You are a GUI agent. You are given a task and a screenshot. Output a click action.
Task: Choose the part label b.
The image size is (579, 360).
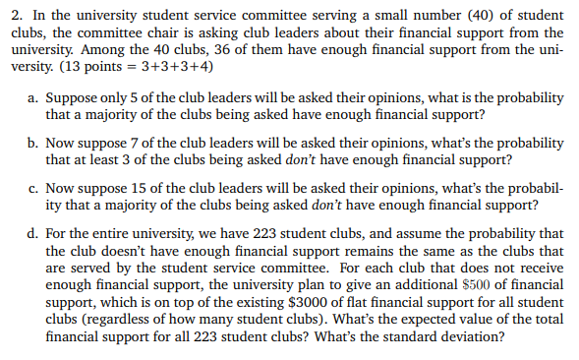[x=33, y=145]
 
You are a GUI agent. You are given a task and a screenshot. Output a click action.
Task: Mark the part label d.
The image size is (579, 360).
[x=33, y=234]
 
